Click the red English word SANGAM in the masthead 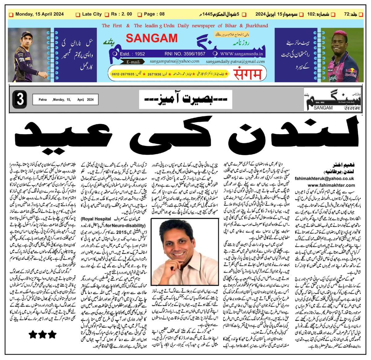(x=151, y=38)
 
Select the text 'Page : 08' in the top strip (x=154, y=14)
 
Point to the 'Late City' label (x=92, y=14)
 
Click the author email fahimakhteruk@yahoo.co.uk (x=329, y=178)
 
